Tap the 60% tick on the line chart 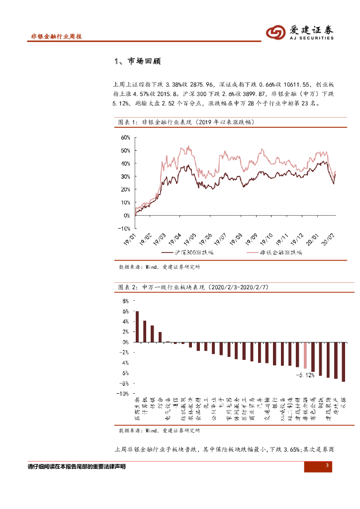tap(124, 137)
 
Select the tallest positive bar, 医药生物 tap(137, 327)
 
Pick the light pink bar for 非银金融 tap(305, 355)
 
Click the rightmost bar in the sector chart tap(343, 362)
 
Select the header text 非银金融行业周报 tap(56, 37)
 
